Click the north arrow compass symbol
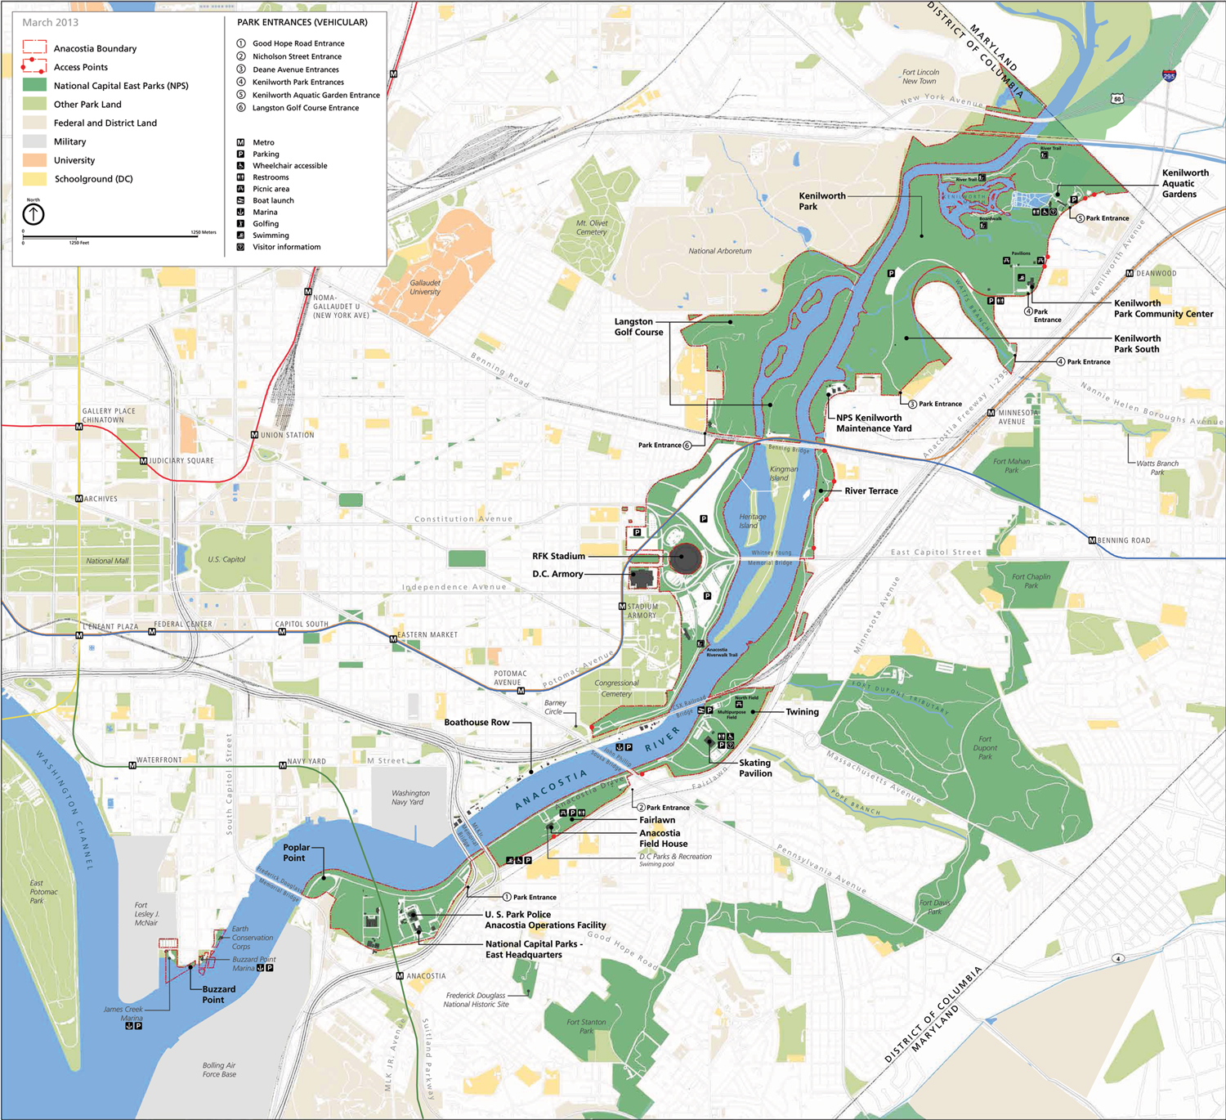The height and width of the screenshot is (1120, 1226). [x=34, y=214]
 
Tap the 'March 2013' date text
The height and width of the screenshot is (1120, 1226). [x=50, y=22]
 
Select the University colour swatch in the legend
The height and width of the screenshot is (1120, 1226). [x=34, y=160]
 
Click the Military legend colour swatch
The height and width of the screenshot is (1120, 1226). [x=34, y=141]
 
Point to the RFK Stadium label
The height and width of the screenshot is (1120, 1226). [x=558, y=556]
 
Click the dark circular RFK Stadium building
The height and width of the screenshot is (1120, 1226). [x=685, y=558]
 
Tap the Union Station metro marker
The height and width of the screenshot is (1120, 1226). [x=254, y=435]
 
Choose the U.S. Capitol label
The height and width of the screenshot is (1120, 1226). [x=226, y=559]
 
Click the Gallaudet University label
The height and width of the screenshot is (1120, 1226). [x=425, y=287]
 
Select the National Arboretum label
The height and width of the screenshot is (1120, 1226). [x=719, y=251]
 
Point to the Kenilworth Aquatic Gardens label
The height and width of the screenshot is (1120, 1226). [x=1184, y=183]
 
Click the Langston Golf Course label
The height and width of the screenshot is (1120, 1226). [x=638, y=327]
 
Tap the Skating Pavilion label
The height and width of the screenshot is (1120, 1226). [x=754, y=768]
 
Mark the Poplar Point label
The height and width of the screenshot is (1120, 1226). [x=296, y=853]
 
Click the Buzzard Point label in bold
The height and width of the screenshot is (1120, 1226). [x=218, y=994]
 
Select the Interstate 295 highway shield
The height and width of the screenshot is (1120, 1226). [x=1169, y=75]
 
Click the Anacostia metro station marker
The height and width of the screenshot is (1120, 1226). [x=400, y=975]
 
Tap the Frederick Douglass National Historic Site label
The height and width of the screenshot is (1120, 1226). [x=476, y=999]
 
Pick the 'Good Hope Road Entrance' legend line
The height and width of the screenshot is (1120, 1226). [x=298, y=43]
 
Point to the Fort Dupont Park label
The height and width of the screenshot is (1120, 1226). [x=985, y=747]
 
